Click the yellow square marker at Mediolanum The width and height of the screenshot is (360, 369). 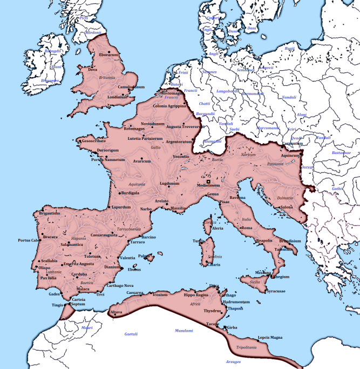coord(208,174)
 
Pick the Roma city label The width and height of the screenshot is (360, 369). coord(246,228)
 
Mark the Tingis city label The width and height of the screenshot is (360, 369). coord(58,305)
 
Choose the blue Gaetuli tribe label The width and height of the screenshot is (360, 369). coord(132,334)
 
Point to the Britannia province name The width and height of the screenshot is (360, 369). coord(107,77)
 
